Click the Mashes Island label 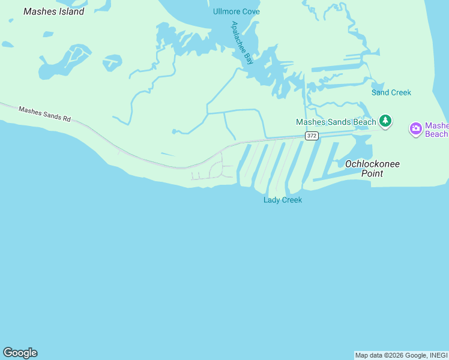[x=53, y=11]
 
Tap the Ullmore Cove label [x=236, y=11]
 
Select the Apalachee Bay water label [x=243, y=43]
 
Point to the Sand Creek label [x=391, y=92]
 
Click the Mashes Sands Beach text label [x=336, y=122]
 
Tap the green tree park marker [x=385, y=121]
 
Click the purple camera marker [x=415, y=128]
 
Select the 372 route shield [x=310, y=136]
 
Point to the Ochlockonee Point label [x=372, y=169]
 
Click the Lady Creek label [x=283, y=200]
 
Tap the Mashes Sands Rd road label [x=45, y=114]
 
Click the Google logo [x=20, y=353]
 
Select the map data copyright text [x=401, y=356]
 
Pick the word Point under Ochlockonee [x=372, y=173]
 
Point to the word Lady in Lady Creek [x=272, y=200]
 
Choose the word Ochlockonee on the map [x=372, y=164]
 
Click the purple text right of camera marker [x=436, y=130]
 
